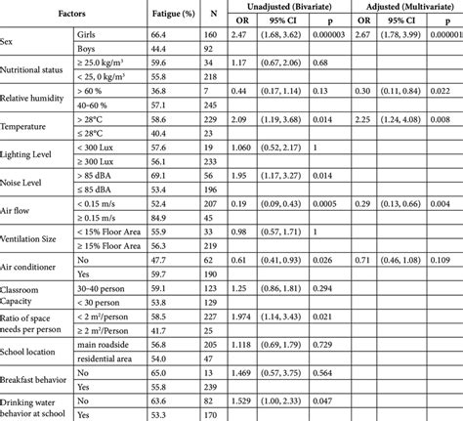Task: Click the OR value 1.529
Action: point(240,400)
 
